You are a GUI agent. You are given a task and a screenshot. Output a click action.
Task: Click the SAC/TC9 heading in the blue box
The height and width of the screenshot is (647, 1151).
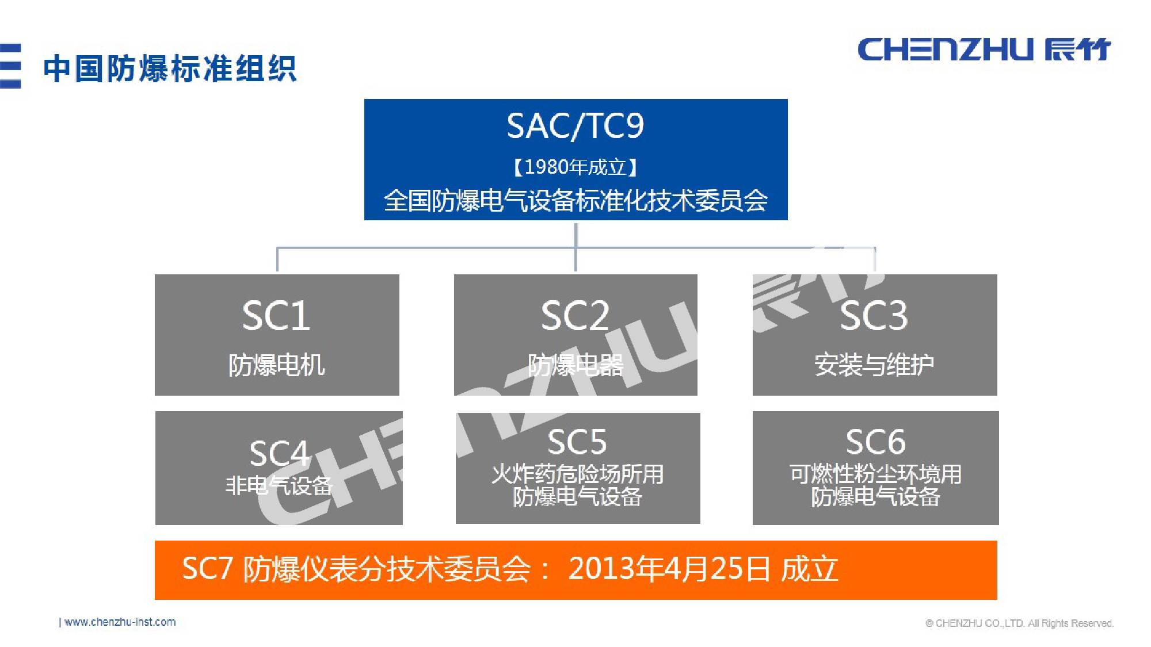click(575, 126)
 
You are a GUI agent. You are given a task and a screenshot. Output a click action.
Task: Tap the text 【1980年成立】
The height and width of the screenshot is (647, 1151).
click(575, 167)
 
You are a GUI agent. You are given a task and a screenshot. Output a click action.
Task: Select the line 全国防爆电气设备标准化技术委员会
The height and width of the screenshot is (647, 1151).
click(575, 201)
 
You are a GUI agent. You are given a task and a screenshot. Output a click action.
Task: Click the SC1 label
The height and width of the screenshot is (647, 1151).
click(276, 316)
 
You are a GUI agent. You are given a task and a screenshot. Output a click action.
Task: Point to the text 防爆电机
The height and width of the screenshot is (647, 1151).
click(276, 365)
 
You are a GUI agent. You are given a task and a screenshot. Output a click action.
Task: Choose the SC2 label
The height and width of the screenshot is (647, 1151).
click(575, 316)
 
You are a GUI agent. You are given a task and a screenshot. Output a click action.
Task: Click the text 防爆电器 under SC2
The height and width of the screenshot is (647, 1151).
click(575, 365)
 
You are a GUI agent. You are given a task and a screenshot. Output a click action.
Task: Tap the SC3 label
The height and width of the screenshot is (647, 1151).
click(874, 316)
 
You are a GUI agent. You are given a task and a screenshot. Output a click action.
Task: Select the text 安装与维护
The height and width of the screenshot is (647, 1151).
click(874, 365)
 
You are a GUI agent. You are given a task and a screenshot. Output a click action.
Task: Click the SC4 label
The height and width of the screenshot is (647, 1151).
click(279, 453)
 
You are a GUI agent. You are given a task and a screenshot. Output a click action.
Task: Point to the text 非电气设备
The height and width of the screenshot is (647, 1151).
click(279, 486)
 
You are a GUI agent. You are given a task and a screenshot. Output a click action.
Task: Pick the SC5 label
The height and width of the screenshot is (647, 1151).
click(577, 442)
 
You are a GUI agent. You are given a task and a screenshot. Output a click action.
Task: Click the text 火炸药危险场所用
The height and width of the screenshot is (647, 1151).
click(577, 474)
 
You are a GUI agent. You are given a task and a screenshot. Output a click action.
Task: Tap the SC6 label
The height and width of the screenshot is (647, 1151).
click(875, 442)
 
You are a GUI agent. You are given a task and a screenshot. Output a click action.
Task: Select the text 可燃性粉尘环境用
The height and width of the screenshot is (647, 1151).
click(875, 474)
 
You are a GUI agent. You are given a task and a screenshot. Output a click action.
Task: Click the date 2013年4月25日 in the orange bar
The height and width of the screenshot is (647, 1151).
click(669, 569)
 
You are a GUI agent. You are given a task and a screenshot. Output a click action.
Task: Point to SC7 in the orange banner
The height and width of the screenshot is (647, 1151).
click(207, 569)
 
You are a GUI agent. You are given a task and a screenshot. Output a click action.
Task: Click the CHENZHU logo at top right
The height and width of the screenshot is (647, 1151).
click(984, 49)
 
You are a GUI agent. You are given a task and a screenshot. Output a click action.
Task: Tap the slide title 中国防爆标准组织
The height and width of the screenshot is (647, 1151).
click(170, 69)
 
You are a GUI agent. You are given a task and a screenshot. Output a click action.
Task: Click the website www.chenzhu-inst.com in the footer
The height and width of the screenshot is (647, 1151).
click(120, 622)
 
